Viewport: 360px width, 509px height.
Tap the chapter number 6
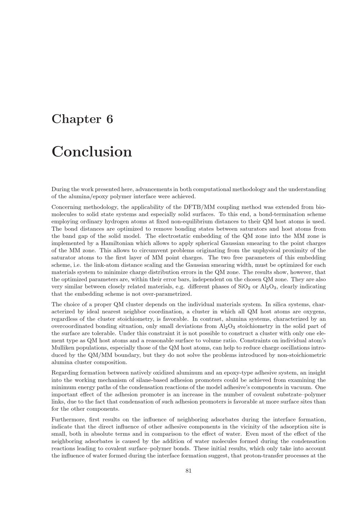(x=109, y=119)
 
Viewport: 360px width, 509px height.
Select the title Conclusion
(x=92, y=151)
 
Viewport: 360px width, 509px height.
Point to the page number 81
(x=188, y=471)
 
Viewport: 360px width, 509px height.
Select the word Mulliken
(x=63, y=348)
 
